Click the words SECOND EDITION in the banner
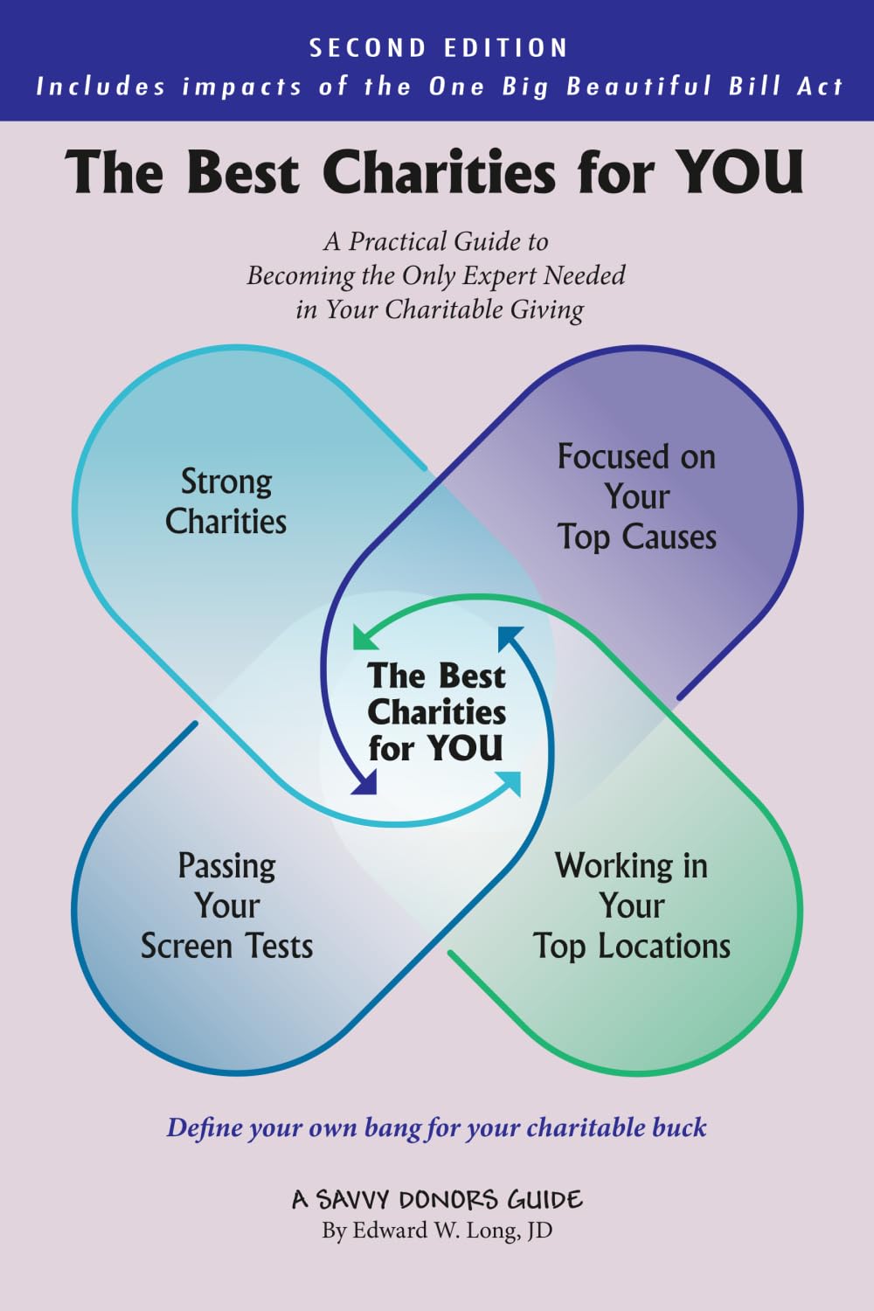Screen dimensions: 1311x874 (439, 48)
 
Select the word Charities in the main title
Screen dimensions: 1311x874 (440, 171)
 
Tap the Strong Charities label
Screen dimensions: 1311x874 (226, 502)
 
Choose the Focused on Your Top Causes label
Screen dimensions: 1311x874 (637, 496)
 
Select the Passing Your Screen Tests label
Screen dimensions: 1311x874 (227, 905)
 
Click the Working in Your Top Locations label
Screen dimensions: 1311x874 (632, 905)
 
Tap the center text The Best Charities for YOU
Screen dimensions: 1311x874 (436, 712)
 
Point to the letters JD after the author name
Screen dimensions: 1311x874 (539, 1231)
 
